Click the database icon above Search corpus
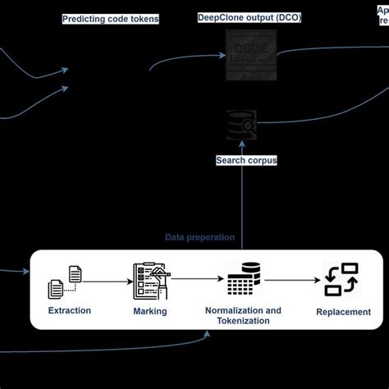pyautogui.click(x=244, y=126)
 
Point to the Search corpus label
pyautogui.click(x=246, y=161)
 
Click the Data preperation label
pyautogui.click(x=200, y=237)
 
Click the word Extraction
pyautogui.click(x=70, y=311)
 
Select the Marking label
pyautogui.click(x=150, y=311)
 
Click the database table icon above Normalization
pyautogui.click(x=243, y=280)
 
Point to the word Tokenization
pyautogui.click(x=243, y=321)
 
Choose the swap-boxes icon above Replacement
pyautogui.click(x=341, y=280)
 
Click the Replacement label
pyautogui.click(x=344, y=312)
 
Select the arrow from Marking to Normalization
pyautogui.click(x=197, y=279)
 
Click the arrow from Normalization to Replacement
pyautogui.click(x=291, y=279)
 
